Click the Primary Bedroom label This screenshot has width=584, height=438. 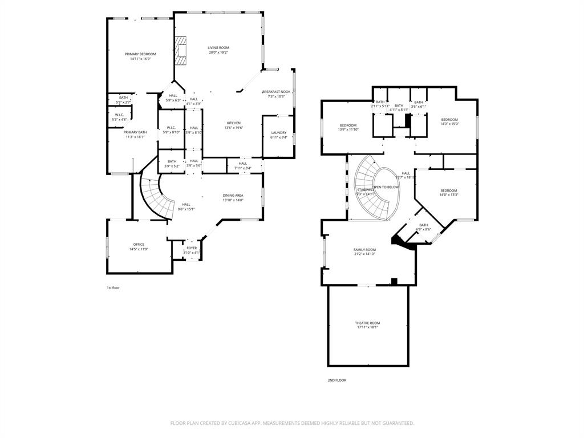[x=140, y=54]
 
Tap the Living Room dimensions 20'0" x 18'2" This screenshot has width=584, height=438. [x=218, y=52]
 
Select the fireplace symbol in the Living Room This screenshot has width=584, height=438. [x=181, y=50]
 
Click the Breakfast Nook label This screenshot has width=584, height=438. [x=276, y=92]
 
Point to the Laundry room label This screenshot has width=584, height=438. [x=278, y=132]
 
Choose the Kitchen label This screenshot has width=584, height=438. [x=234, y=123]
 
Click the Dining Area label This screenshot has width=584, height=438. [x=233, y=196]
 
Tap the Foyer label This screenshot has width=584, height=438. [x=192, y=248]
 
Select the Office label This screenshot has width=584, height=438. [x=139, y=245]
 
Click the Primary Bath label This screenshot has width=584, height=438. [x=135, y=132]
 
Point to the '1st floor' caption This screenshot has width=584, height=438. [x=113, y=287]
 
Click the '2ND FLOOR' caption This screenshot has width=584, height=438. [x=336, y=380]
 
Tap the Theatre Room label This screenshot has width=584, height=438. [x=367, y=323]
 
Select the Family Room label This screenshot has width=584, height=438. [x=364, y=250]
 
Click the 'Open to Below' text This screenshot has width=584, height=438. [x=386, y=187]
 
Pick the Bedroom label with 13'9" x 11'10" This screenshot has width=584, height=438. [x=348, y=125]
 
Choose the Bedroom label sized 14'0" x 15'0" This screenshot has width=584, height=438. [x=449, y=120]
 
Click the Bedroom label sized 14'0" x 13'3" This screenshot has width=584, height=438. [x=448, y=190]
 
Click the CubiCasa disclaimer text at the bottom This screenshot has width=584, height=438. [x=292, y=423]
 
